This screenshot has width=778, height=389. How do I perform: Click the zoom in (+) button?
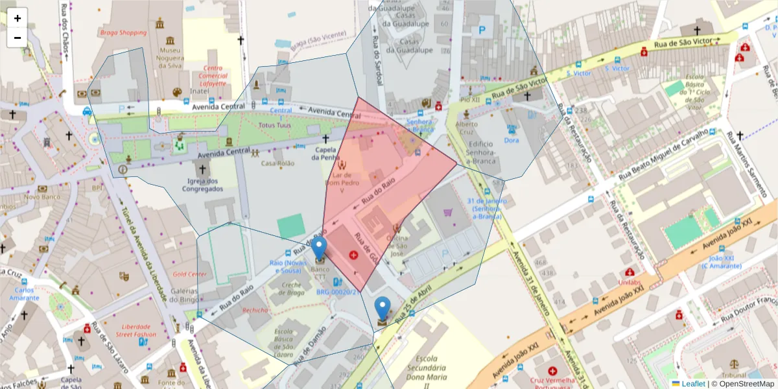pyautogui.click(x=18, y=18)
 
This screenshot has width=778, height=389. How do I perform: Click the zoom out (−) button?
pyautogui.click(x=18, y=38)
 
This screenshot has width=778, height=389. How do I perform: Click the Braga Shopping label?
pyautogui.click(x=123, y=32)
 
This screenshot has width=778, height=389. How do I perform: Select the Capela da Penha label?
pyautogui.click(x=325, y=153)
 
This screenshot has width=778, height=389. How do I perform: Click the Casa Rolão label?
pyautogui.click(x=277, y=163)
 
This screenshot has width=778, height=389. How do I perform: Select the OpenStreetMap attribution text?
pyautogui.click(x=742, y=384)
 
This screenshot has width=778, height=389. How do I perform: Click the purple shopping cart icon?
pyautogui.click(x=447, y=212)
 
